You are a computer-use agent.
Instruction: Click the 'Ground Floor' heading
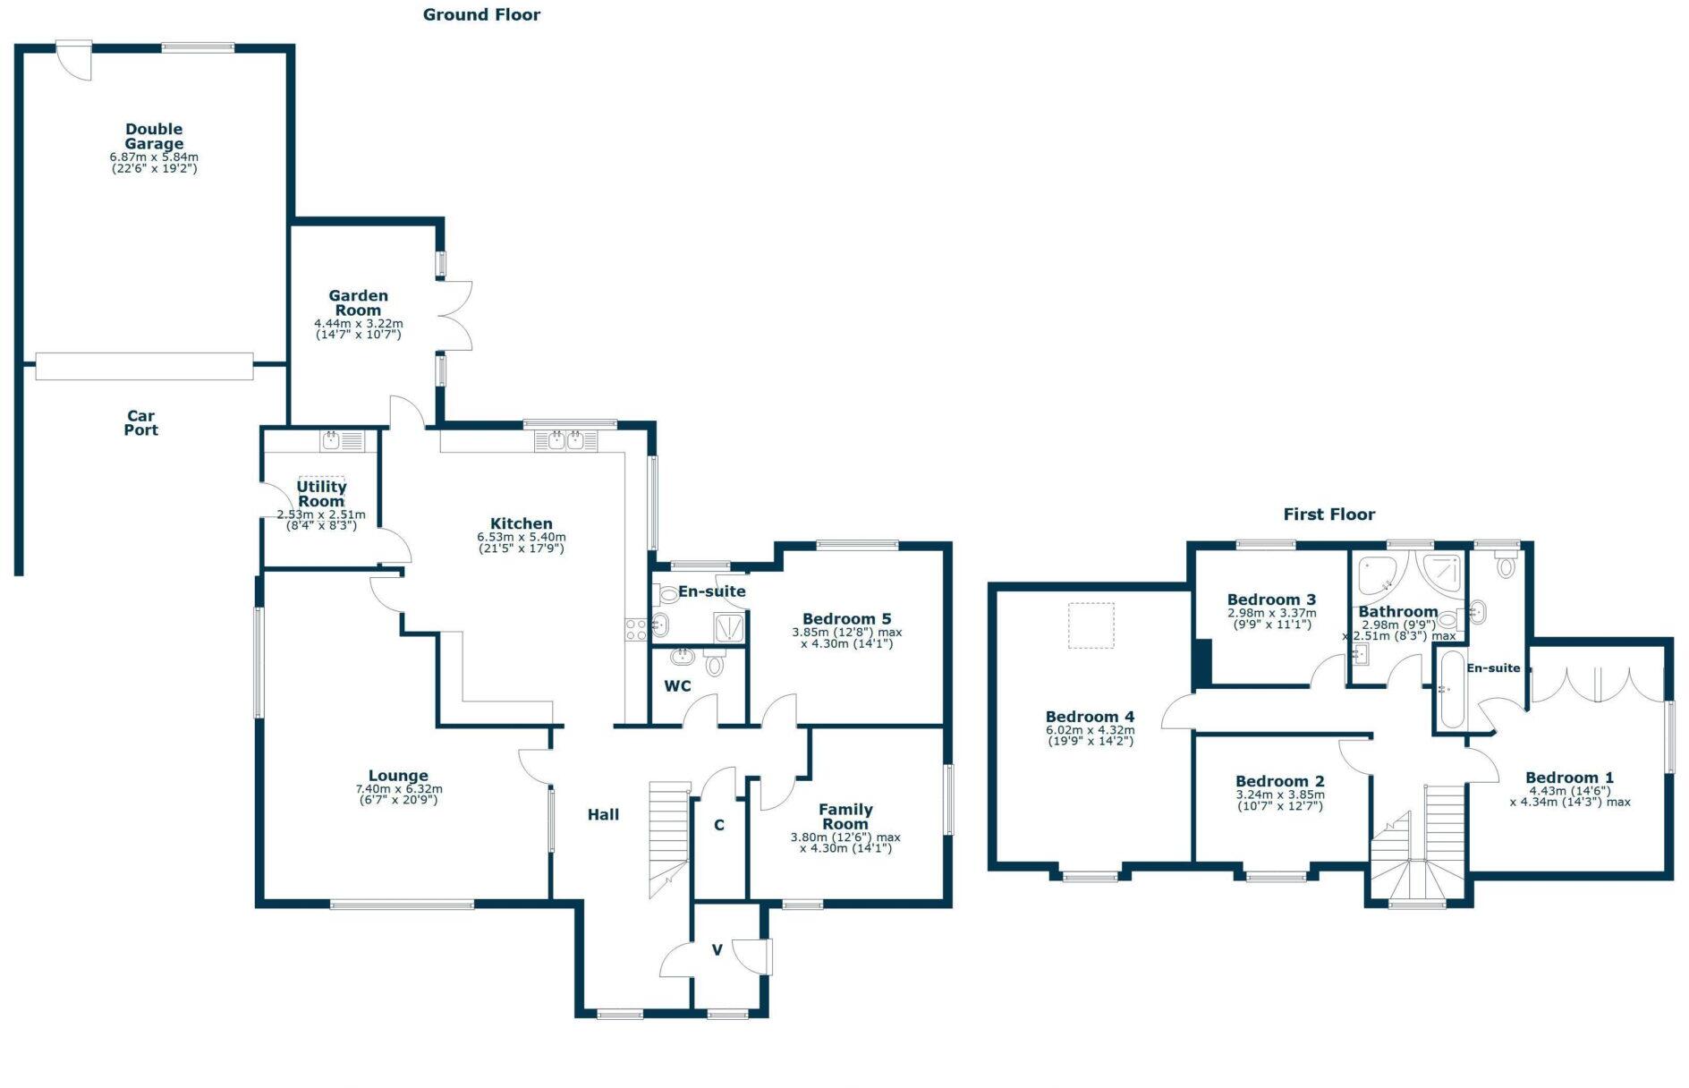point(481,14)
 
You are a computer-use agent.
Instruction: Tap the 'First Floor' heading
point(1328,514)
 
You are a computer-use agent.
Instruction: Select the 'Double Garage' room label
point(154,136)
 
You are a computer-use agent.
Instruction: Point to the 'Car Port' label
point(140,422)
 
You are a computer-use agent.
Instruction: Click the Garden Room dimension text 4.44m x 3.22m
point(358,323)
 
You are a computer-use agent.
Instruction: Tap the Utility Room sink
point(341,440)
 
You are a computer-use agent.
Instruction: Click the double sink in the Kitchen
point(565,440)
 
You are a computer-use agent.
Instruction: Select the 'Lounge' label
point(398,776)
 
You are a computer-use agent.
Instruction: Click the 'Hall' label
point(603,814)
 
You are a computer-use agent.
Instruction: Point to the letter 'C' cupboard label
point(719,825)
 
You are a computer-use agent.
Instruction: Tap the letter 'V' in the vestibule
point(717,950)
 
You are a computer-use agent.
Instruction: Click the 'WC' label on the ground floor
point(677,686)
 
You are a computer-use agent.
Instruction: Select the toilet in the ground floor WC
point(714,664)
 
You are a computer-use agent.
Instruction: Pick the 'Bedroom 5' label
point(846,618)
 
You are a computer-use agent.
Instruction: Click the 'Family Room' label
point(845,816)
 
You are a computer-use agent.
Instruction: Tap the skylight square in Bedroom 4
point(1091,625)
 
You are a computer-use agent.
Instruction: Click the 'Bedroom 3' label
point(1270,599)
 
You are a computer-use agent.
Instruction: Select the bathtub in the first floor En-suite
point(1449,690)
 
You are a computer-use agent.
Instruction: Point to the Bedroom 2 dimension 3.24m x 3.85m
point(1280,795)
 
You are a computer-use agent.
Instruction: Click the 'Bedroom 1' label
point(1569,778)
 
